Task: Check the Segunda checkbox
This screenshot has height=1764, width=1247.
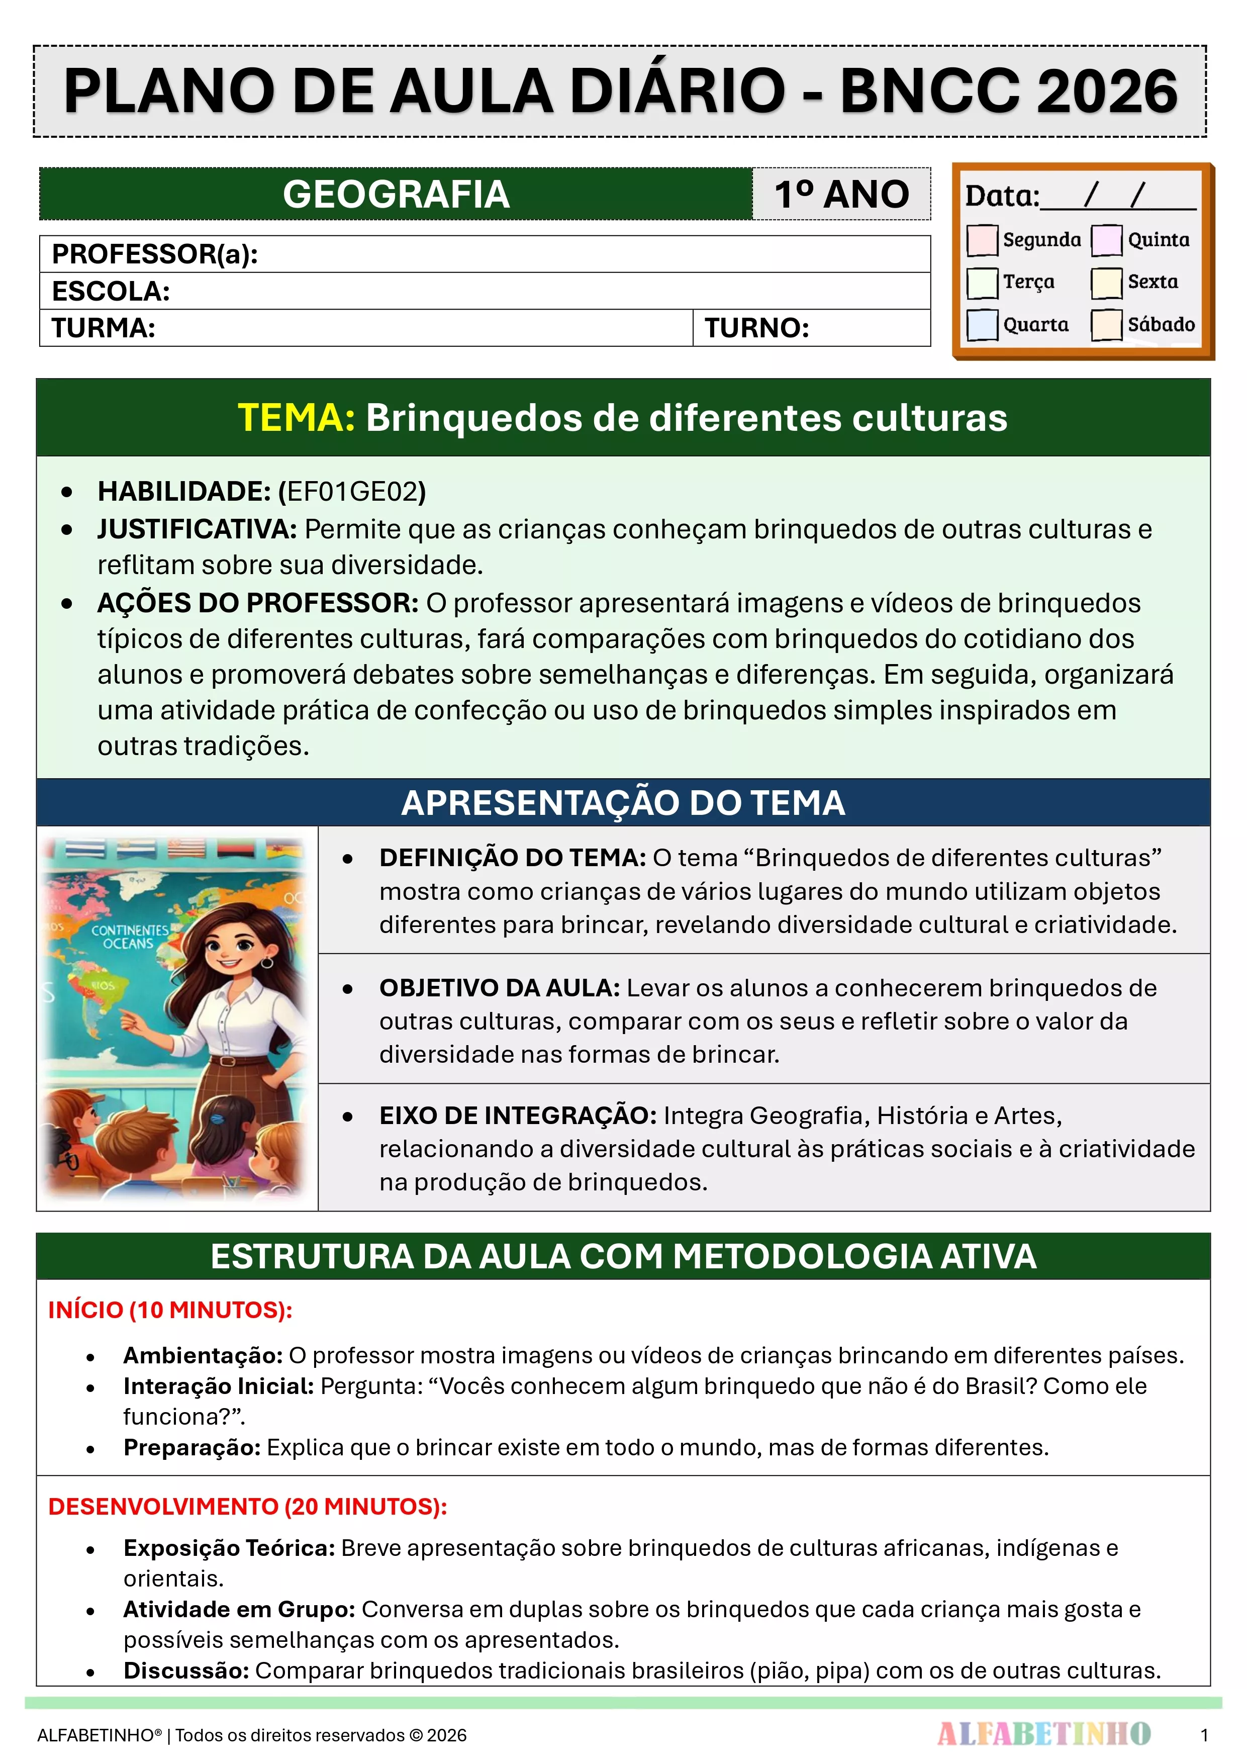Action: [982, 240]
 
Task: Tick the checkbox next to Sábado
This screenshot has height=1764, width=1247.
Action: [1106, 324]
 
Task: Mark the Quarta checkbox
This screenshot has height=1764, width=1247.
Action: [982, 324]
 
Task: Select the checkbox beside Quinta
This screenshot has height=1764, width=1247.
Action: [1106, 240]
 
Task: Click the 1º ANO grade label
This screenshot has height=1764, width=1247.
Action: [841, 195]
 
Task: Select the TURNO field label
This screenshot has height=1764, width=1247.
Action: [757, 328]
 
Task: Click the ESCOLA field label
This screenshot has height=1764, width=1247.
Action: [111, 291]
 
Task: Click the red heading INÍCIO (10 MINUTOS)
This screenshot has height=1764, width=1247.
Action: [170, 1310]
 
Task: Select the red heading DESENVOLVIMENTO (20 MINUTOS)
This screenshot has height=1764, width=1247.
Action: [247, 1507]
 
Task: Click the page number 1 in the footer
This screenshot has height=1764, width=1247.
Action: [1204, 1735]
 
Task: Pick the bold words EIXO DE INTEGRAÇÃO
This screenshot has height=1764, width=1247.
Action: [518, 1116]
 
